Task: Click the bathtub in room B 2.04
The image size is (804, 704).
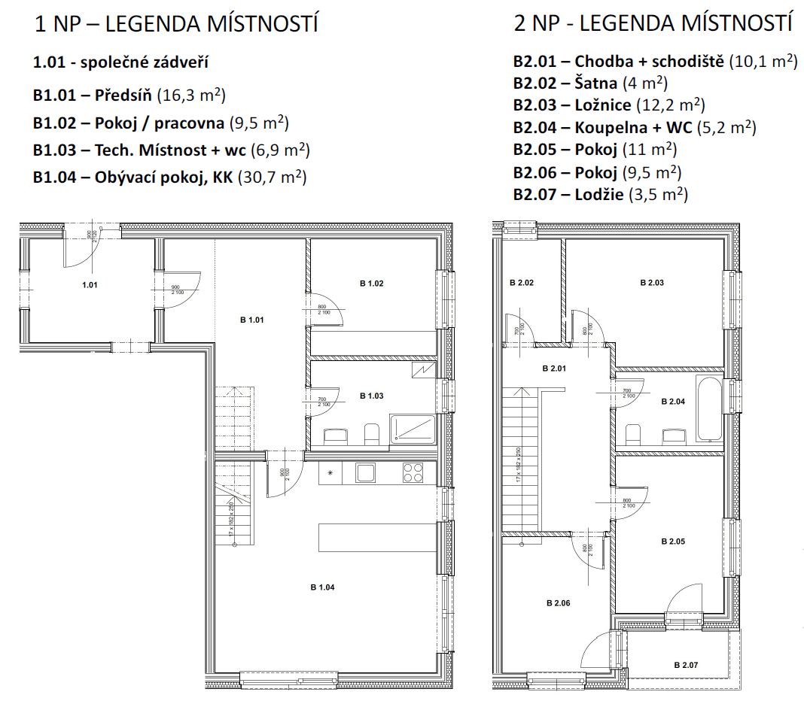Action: tap(710, 411)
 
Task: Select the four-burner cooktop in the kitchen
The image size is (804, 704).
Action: tap(413, 472)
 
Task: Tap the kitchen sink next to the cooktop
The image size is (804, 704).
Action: tap(366, 473)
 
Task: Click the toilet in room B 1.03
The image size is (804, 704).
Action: tap(370, 433)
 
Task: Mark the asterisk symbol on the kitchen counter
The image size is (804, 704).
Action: tap(330, 473)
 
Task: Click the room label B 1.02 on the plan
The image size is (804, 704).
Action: tap(372, 284)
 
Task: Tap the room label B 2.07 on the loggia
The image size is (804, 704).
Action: tap(686, 665)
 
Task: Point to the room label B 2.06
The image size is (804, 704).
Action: tap(559, 603)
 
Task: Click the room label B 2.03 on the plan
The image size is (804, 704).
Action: tap(651, 283)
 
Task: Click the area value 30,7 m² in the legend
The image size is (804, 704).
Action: tap(272, 178)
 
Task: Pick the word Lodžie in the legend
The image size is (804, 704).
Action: tap(598, 194)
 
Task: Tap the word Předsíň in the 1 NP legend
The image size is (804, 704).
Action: tap(124, 96)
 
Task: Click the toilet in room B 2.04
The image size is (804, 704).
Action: tap(634, 434)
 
